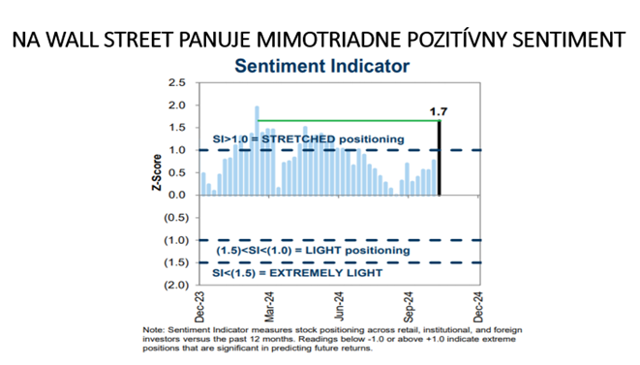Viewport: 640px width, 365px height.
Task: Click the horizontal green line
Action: tap(349, 120)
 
